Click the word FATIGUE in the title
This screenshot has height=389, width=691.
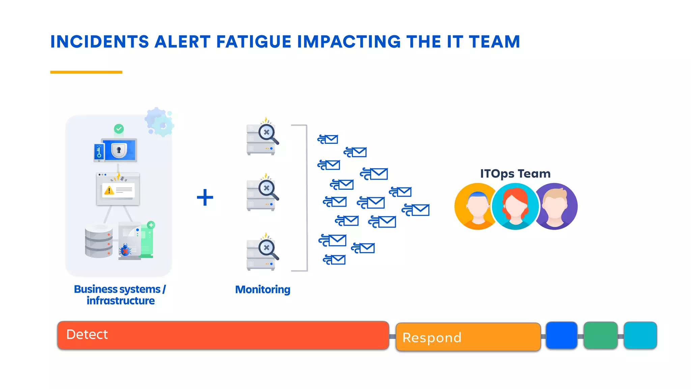click(x=253, y=42)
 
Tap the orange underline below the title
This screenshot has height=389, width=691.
click(x=86, y=72)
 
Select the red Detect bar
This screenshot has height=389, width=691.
click(x=223, y=335)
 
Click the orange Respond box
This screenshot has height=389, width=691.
click(x=468, y=337)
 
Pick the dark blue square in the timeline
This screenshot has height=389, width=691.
click(x=561, y=335)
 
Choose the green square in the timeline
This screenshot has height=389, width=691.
click(x=601, y=335)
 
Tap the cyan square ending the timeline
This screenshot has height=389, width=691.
click(x=640, y=335)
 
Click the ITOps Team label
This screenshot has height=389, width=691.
click(x=515, y=174)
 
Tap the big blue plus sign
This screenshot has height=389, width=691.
click(x=205, y=198)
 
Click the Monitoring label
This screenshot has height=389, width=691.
click(x=262, y=289)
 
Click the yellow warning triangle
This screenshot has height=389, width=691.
click(x=109, y=190)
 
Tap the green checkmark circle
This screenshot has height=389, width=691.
click(x=119, y=129)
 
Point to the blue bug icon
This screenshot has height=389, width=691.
click(x=125, y=250)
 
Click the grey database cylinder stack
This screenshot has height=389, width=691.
click(x=99, y=241)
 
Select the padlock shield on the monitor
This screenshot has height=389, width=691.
click(x=119, y=150)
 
